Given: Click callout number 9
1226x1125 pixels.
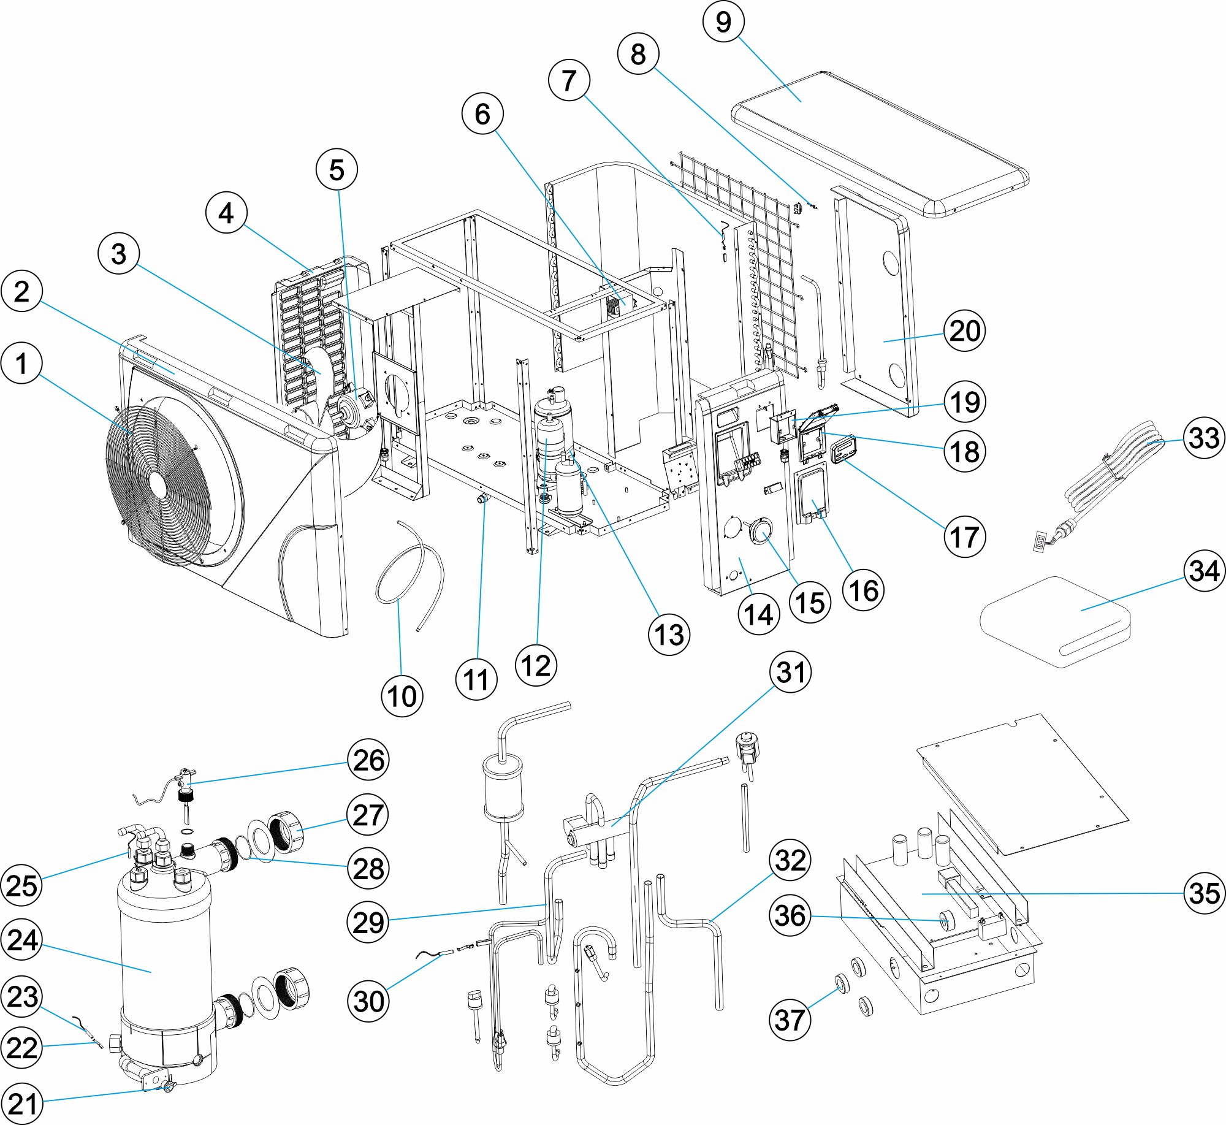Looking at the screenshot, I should point(723,21).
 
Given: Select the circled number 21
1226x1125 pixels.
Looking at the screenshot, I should point(22,1104).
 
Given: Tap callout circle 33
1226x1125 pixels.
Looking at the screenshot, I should point(1204,438).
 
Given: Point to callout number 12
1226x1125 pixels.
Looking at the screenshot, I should point(536,665).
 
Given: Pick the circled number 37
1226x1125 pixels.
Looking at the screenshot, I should point(790,1020).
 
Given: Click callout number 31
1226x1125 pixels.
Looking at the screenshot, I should point(791,672).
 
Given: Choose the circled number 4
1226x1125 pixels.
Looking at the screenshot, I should point(226,213).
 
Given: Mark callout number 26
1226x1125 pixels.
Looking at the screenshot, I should point(368,760).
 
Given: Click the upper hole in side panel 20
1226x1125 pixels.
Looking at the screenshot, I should point(891,263).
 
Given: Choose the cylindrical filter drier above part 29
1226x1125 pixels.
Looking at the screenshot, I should point(503,787).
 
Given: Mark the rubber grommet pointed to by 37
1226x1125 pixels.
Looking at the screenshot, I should point(842,984).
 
